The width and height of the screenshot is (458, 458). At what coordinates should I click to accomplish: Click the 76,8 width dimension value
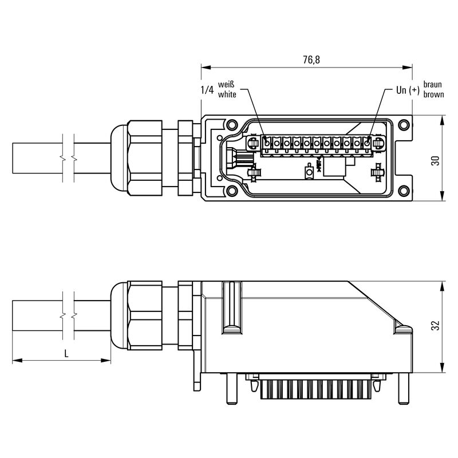click(x=311, y=60)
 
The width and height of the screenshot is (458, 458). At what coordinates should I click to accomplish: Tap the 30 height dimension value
click(x=435, y=161)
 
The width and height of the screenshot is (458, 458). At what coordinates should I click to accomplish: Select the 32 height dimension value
click(x=435, y=325)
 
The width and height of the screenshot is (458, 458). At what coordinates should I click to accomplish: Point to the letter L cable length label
click(x=66, y=354)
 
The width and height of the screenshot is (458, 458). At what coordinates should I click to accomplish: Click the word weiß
click(x=226, y=84)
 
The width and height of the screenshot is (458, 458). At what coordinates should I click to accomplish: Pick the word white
click(x=227, y=94)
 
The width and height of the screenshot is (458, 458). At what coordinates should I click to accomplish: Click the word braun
click(x=433, y=84)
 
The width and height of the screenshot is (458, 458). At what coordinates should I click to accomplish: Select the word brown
click(x=434, y=94)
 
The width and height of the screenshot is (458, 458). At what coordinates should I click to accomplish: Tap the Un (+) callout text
click(x=408, y=90)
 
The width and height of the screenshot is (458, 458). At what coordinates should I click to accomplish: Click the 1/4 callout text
click(x=207, y=90)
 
